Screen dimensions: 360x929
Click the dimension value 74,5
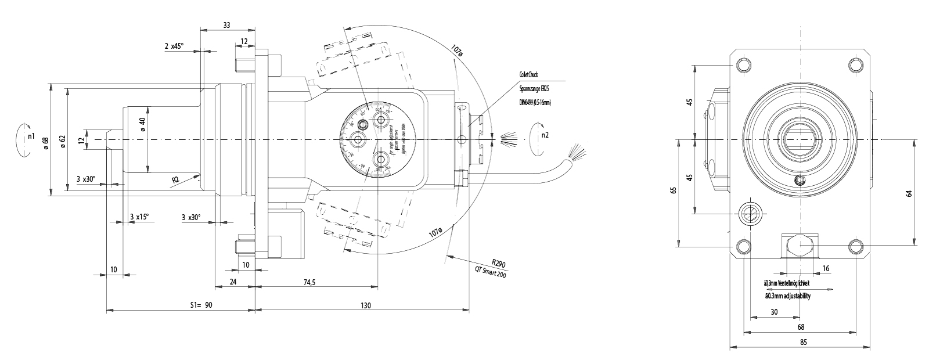pos(309,282)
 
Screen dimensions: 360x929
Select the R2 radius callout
pos(175,180)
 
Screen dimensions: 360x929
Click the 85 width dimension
pos(804,342)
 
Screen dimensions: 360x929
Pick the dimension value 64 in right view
pos(909,193)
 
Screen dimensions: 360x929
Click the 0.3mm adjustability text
pos(788,296)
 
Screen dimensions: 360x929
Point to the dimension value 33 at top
pos(226,25)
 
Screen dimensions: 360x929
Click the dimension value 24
pos(233,282)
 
